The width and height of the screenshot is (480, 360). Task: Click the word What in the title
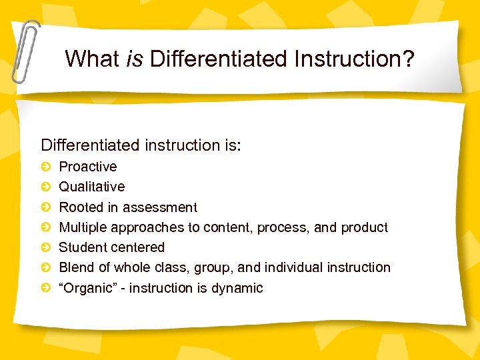[x=92, y=59]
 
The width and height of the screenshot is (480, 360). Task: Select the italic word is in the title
[x=134, y=59]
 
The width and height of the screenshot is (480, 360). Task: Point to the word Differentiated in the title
[x=216, y=59]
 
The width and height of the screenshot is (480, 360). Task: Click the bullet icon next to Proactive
[x=45, y=167]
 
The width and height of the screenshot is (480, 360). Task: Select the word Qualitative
[x=92, y=187]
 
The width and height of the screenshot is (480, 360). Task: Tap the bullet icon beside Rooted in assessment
[x=45, y=207]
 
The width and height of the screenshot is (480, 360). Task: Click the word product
[x=364, y=227]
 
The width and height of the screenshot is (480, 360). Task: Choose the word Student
[x=82, y=247]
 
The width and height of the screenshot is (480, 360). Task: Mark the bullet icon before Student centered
[x=45, y=247]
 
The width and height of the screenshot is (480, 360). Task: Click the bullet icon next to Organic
[x=45, y=288]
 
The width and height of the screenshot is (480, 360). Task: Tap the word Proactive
[x=88, y=167]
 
